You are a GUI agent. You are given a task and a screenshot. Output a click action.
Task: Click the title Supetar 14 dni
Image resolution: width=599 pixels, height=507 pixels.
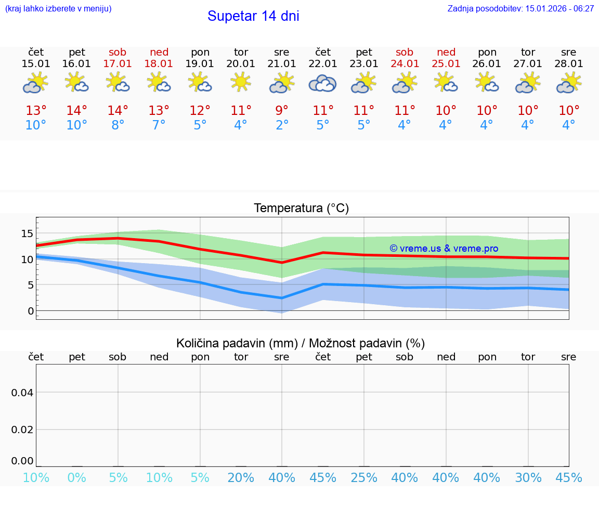253,16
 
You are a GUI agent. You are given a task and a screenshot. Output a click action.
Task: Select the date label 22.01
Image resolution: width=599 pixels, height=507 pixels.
323,63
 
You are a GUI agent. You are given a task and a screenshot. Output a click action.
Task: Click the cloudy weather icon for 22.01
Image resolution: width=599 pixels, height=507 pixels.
323,83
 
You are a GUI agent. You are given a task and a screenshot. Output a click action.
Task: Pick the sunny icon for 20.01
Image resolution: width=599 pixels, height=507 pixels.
241,82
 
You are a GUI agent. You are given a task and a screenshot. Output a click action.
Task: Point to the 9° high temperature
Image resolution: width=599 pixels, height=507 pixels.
282,111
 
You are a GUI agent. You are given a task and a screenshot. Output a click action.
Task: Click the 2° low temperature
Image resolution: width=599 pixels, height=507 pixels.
282,125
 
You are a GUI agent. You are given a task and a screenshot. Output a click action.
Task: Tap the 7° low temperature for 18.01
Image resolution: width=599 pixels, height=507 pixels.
159,125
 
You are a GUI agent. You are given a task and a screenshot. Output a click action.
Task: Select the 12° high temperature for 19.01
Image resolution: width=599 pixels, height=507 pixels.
200,111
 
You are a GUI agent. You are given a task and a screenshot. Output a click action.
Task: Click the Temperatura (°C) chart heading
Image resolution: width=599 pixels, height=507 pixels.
301,209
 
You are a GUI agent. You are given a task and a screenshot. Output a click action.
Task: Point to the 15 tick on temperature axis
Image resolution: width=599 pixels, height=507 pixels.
27,233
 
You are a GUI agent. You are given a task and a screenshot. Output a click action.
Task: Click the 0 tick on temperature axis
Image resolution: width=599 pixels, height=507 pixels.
31,311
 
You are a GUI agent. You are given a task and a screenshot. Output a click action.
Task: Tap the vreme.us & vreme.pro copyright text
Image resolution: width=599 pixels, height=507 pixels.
444,249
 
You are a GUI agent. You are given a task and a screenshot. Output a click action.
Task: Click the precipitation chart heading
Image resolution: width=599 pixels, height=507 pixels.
301,343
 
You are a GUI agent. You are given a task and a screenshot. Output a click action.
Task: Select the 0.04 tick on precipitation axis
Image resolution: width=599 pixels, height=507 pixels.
22,393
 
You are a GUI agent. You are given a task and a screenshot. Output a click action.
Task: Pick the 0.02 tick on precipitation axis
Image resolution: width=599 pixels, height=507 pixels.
22,430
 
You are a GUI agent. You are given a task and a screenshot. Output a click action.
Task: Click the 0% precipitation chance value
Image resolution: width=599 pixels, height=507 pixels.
77,477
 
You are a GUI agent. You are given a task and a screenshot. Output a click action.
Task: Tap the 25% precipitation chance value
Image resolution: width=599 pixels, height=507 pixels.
364,477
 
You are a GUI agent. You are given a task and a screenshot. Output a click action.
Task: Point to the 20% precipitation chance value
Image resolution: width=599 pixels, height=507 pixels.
241,477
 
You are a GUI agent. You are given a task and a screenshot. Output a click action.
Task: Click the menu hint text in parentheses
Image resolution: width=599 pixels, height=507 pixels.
58,9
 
